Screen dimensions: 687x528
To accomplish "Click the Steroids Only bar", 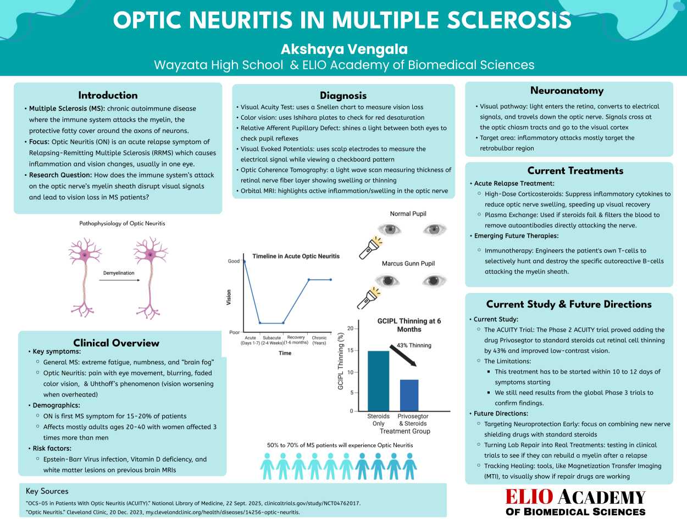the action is [x=379, y=381].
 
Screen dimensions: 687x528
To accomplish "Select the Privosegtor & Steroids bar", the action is [x=409, y=395].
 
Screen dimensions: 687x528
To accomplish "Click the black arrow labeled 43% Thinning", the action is [x=403, y=356].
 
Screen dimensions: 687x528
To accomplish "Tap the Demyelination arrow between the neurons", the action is [x=119, y=280].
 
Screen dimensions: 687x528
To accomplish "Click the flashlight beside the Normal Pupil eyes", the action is [x=371, y=247].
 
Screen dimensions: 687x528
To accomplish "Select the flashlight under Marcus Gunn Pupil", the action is [x=369, y=298].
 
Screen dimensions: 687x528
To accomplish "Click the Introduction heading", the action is [x=108, y=95].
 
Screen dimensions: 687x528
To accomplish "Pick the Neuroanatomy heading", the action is [x=567, y=91].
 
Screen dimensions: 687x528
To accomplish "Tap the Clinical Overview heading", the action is [x=117, y=343].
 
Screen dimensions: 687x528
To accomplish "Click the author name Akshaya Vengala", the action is [x=344, y=49].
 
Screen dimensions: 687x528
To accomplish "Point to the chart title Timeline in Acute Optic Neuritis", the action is [x=296, y=256].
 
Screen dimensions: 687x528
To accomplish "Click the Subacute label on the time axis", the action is [x=272, y=338].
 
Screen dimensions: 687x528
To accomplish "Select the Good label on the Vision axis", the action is [x=234, y=262].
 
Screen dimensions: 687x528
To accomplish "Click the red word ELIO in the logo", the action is [x=529, y=497].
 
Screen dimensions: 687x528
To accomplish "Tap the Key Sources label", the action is [x=47, y=491].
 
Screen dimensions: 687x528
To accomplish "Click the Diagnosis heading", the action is [x=343, y=96].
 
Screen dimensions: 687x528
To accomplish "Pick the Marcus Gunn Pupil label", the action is [x=408, y=264].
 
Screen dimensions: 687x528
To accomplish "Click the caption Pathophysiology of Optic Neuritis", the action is [x=122, y=224].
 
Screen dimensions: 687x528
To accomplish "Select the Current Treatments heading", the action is [x=575, y=171].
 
